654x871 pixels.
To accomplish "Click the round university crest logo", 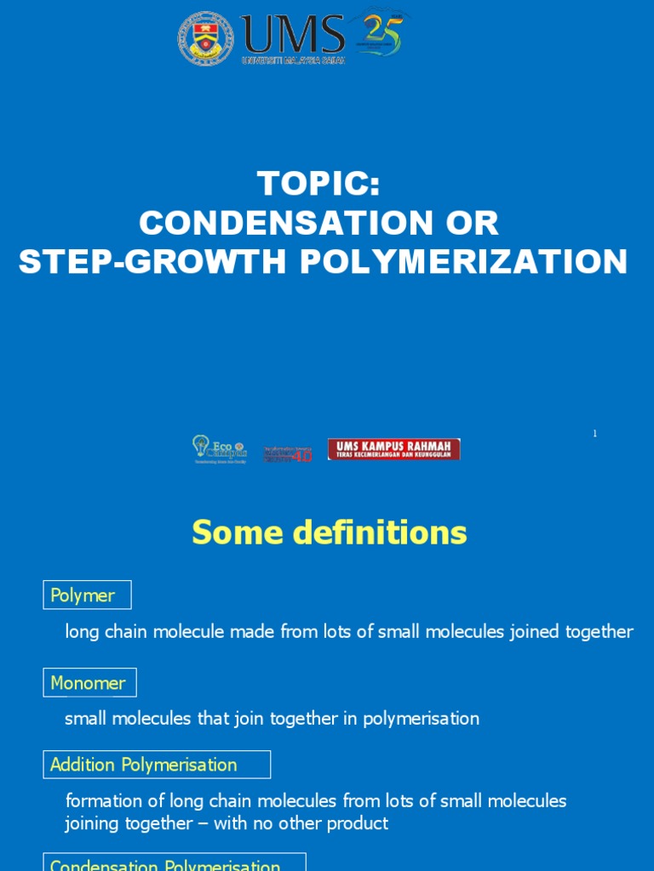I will pyautogui.click(x=205, y=38).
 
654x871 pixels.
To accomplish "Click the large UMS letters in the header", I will pyautogui.click(x=293, y=35).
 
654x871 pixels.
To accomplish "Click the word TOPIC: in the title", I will pyautogui.click(x=318, y=184).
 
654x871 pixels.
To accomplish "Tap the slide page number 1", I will pyautogui.click(x=594, y=434).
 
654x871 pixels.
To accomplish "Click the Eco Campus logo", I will pyautogui.click(x=219, y=450).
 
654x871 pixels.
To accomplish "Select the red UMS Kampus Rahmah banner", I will pyautogui.click(x=394, y=449).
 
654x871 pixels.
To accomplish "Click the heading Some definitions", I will pyautogui.click(x=329, y=533).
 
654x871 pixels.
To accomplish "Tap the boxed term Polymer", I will pyautogui.click(x=87, y=595).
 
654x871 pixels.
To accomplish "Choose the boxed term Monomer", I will pyautogui.click(x=89, y=682).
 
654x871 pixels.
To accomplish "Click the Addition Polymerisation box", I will pyautogui.click(x=157, y=765).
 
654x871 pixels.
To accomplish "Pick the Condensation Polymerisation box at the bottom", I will pyautogui.click(x=174, y=862).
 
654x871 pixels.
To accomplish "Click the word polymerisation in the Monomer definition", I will pyautogui.click(x=422, y=719).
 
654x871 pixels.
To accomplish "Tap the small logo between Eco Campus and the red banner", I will pyautogui.click(x=287, y=453).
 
